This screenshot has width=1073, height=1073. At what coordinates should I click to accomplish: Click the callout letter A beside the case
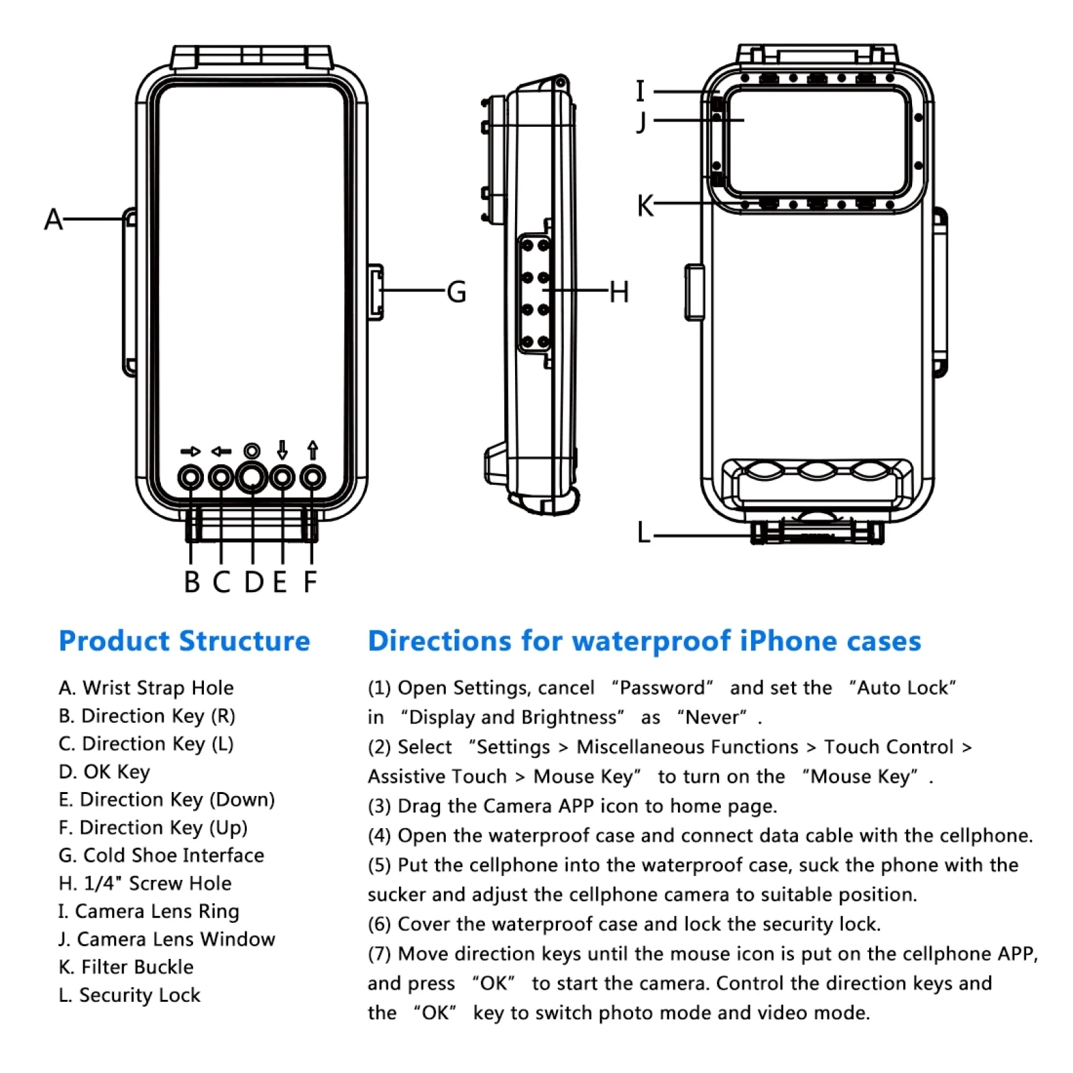[54, 219]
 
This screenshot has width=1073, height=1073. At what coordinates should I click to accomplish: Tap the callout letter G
[457, 292]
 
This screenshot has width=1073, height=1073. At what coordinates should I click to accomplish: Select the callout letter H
[618, 292]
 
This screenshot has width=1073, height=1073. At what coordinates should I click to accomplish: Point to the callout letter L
[644, 533]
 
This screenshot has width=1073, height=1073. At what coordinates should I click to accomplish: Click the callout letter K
[645, 205]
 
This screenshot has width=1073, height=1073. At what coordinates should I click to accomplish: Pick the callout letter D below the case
[253, 582]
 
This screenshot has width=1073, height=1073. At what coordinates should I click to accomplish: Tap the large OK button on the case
[251, 477]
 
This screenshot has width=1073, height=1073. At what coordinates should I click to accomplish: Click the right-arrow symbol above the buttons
[190, 451]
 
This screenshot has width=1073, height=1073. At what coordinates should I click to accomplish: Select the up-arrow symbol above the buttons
[313, 450]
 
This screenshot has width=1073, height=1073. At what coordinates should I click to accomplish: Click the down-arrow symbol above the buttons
[282, 450]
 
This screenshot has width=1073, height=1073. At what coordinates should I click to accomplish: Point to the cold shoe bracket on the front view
[376, 292]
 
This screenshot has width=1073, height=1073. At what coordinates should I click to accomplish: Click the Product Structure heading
[184, 641]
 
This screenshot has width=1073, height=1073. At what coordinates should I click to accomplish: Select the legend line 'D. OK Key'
[105, 772]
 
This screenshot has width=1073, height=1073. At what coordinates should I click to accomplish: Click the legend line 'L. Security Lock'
[129, 995]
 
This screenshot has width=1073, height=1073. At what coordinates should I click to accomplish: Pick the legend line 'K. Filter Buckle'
[126, 967]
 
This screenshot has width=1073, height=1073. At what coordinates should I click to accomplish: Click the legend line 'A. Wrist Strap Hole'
[146, 688]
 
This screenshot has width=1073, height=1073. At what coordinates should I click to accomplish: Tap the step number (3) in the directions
[379, 806]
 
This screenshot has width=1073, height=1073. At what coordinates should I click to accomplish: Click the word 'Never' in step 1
[712, 718]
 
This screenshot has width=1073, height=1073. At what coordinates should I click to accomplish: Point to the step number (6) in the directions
[379, 924]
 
